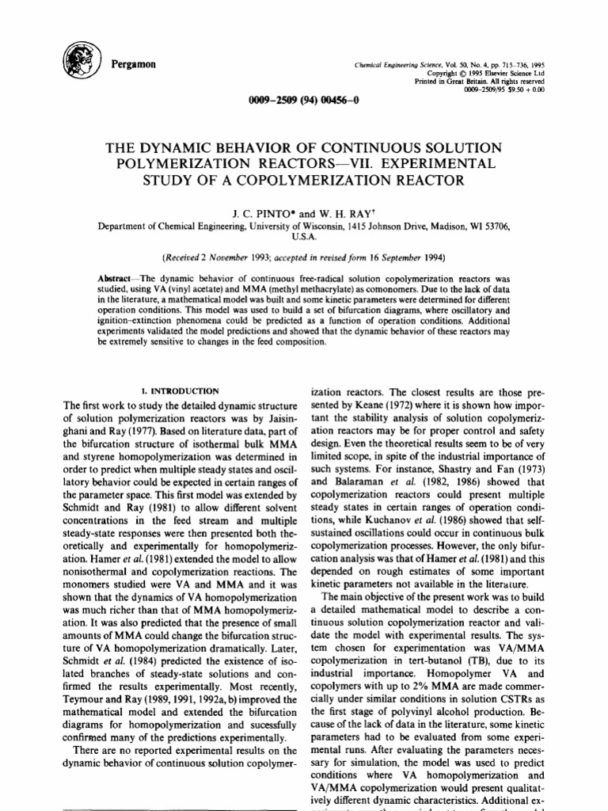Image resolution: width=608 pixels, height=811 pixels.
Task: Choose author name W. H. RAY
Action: pos(348,211)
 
